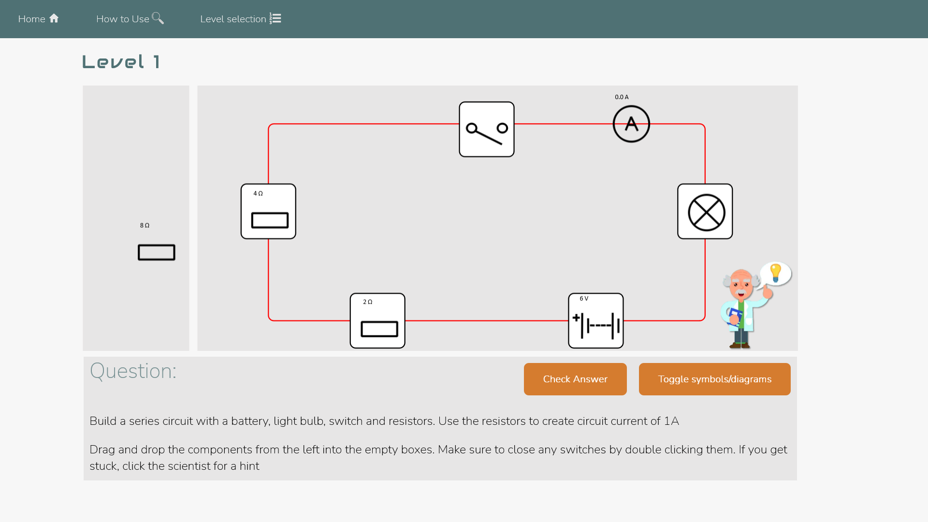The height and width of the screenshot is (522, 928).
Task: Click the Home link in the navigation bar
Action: tap(38, 19)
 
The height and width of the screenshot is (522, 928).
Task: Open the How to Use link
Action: tap(129, 19)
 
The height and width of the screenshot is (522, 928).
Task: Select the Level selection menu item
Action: tap(240, 19)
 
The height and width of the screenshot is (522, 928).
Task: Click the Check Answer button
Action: tap(575, 379)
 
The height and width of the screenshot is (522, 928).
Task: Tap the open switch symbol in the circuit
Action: tap(486, 130)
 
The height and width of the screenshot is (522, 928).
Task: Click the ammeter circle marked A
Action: tap(631, 124)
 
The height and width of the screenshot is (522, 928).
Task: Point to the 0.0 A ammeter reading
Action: tap(622, 97)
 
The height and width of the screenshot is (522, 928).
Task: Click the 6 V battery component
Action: tap(596, 321)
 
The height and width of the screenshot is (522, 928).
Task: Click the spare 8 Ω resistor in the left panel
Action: tap(156, 252)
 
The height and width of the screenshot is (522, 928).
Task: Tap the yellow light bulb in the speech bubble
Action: tap(776, 273)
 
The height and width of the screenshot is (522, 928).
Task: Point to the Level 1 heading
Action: tap(121, 62)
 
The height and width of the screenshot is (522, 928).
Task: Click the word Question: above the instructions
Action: tap(133, 371)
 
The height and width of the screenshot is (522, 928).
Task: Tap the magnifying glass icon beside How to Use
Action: tap(158, 18)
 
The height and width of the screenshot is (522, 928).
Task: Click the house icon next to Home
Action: tap(54, 18)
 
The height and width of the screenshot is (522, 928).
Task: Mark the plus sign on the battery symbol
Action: tap(576, 318)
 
